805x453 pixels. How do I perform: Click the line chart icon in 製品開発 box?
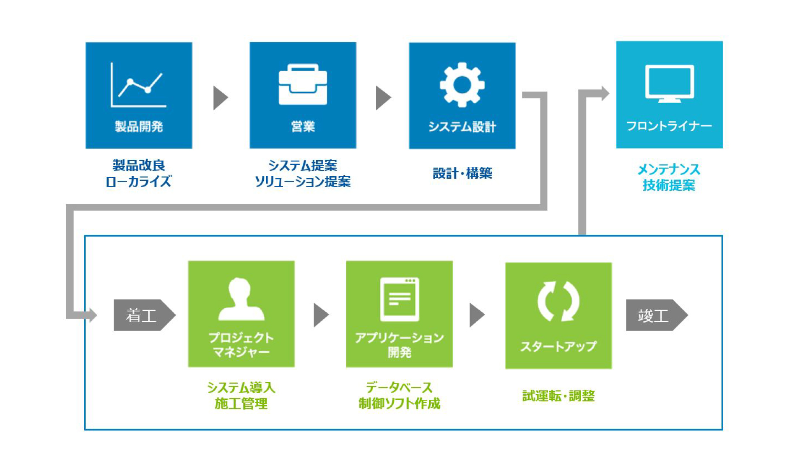(x=138, y=85)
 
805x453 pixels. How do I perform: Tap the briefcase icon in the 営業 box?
(x=303, y=84)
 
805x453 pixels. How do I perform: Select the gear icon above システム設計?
(x=462, y=84)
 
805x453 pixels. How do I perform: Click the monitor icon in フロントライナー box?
(x=669, y=83)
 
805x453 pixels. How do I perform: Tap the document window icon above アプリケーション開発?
(x=399, y=299)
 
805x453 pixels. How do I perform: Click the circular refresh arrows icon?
(x=558, y=301)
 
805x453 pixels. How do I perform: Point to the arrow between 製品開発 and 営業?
(x=220, y=98)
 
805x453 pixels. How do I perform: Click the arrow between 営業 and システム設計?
(x=383, y=98)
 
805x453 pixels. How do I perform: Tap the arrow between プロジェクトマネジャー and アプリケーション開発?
(x=321, y=315)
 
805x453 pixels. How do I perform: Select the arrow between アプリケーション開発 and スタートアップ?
(x=477, y=315)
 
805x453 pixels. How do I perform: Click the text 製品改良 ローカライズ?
(x=138, y=173)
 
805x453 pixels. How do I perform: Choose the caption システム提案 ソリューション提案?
(x=303, y=173)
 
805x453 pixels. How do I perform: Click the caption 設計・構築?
(x=462, y=173)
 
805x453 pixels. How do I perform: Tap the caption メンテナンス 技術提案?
(x=669, y=177)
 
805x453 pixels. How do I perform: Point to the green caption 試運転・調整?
(x=558, y=396)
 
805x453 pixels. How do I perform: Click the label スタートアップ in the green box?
(x=558, y=346)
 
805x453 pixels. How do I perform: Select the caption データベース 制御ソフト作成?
(x=399, y=395)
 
